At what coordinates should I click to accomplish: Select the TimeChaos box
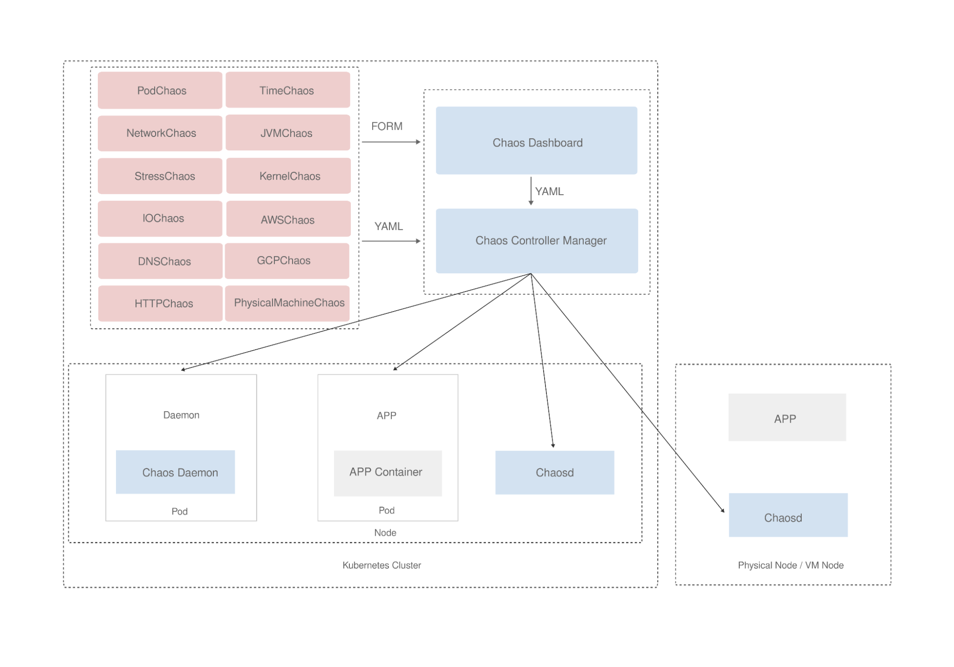pyautogui.click(x=288, y=90)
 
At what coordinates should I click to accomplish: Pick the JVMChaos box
pyautogui.click(x=288, y=133)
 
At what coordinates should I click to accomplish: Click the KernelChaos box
pyautogui.click(x=288, y=176)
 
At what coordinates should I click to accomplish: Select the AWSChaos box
pyautogui.click(x=288, y=219)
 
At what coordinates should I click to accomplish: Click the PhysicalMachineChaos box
pyautogui.click(x=287, y=303)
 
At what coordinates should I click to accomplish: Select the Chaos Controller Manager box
pyautogui.click(x=537, y=241)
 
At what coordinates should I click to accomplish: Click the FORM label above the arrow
pyautogui.click(x=387, y=126)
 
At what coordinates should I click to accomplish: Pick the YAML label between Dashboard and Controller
pyautogui.click(x=549, y=191)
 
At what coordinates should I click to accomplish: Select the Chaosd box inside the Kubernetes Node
pyautogui.click(x=555, y=472)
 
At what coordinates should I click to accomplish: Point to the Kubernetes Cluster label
pyautogui.click(x=381, y=565)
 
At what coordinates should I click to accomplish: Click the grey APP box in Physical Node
pyautogui.click(x=787, y=417)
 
